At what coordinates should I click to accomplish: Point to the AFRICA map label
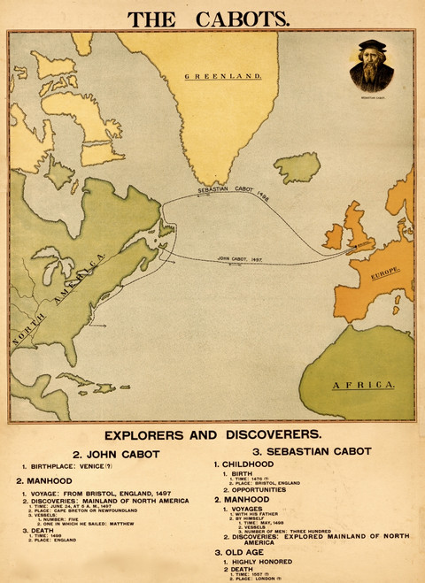(362, 386)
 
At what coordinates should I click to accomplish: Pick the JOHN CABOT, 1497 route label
(240, 260)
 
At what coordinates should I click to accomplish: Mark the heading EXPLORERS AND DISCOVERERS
(212, 434)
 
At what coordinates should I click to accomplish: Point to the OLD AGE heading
(249, 551)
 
